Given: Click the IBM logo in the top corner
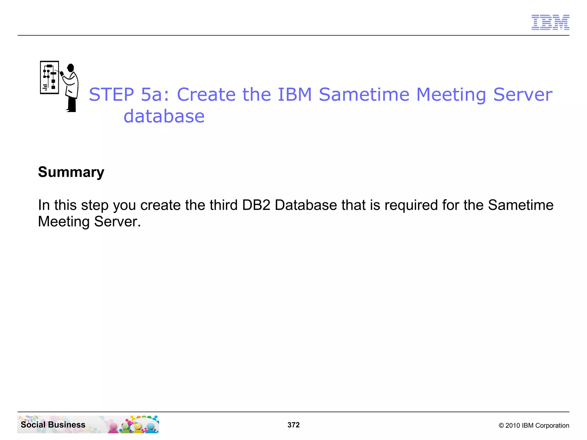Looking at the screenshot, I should click(x=550, y=22).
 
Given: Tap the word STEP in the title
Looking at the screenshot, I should click(x=111, y=95).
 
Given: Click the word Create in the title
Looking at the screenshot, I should click(x=206, y=95).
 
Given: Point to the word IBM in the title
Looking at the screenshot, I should click(x=295, y=95).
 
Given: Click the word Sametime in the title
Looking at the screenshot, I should click(x=364, y=95).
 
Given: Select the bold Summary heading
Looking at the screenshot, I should click(x=71, y=172).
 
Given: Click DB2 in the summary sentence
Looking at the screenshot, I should click(x=256, y=205).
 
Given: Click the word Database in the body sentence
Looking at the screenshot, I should click(x=306, y=205).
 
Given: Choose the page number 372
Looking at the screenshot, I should click(x=293, y=425).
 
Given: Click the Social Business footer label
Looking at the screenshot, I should click(x=53, y=425).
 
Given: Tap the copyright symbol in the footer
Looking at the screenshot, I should click(x=501, y=426).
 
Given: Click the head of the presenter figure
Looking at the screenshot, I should click(x=71, y=68).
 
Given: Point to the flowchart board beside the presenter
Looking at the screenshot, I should click(x=50, y=77).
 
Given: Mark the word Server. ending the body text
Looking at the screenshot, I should click(x=118, y=222).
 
